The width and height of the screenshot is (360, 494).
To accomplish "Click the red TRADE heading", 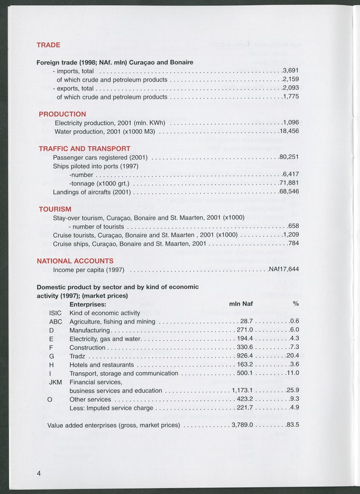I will [x=49, y=45].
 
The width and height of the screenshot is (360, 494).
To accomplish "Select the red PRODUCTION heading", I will [x=62, y=114].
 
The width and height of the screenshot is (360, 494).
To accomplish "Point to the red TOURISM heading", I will [x=55, y=209].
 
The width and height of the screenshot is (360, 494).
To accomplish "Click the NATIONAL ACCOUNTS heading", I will [x=75, y=261].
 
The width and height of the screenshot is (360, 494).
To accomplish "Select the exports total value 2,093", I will [x=291, y=89].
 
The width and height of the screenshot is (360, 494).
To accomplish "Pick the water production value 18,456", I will [x=290, y=132].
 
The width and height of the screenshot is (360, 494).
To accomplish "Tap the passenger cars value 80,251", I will [x=289, y=157].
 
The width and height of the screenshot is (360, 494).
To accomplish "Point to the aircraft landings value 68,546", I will [x=289, y=192].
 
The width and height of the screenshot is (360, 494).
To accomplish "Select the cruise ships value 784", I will [x=294, y=244].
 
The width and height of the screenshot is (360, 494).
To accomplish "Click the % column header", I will [x=296, y=304].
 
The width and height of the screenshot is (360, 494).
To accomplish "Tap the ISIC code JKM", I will [x=55, y=382].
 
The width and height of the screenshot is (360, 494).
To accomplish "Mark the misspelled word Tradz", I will [x=78, y=356].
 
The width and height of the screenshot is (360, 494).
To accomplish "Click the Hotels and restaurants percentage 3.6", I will [x=294, y=365].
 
